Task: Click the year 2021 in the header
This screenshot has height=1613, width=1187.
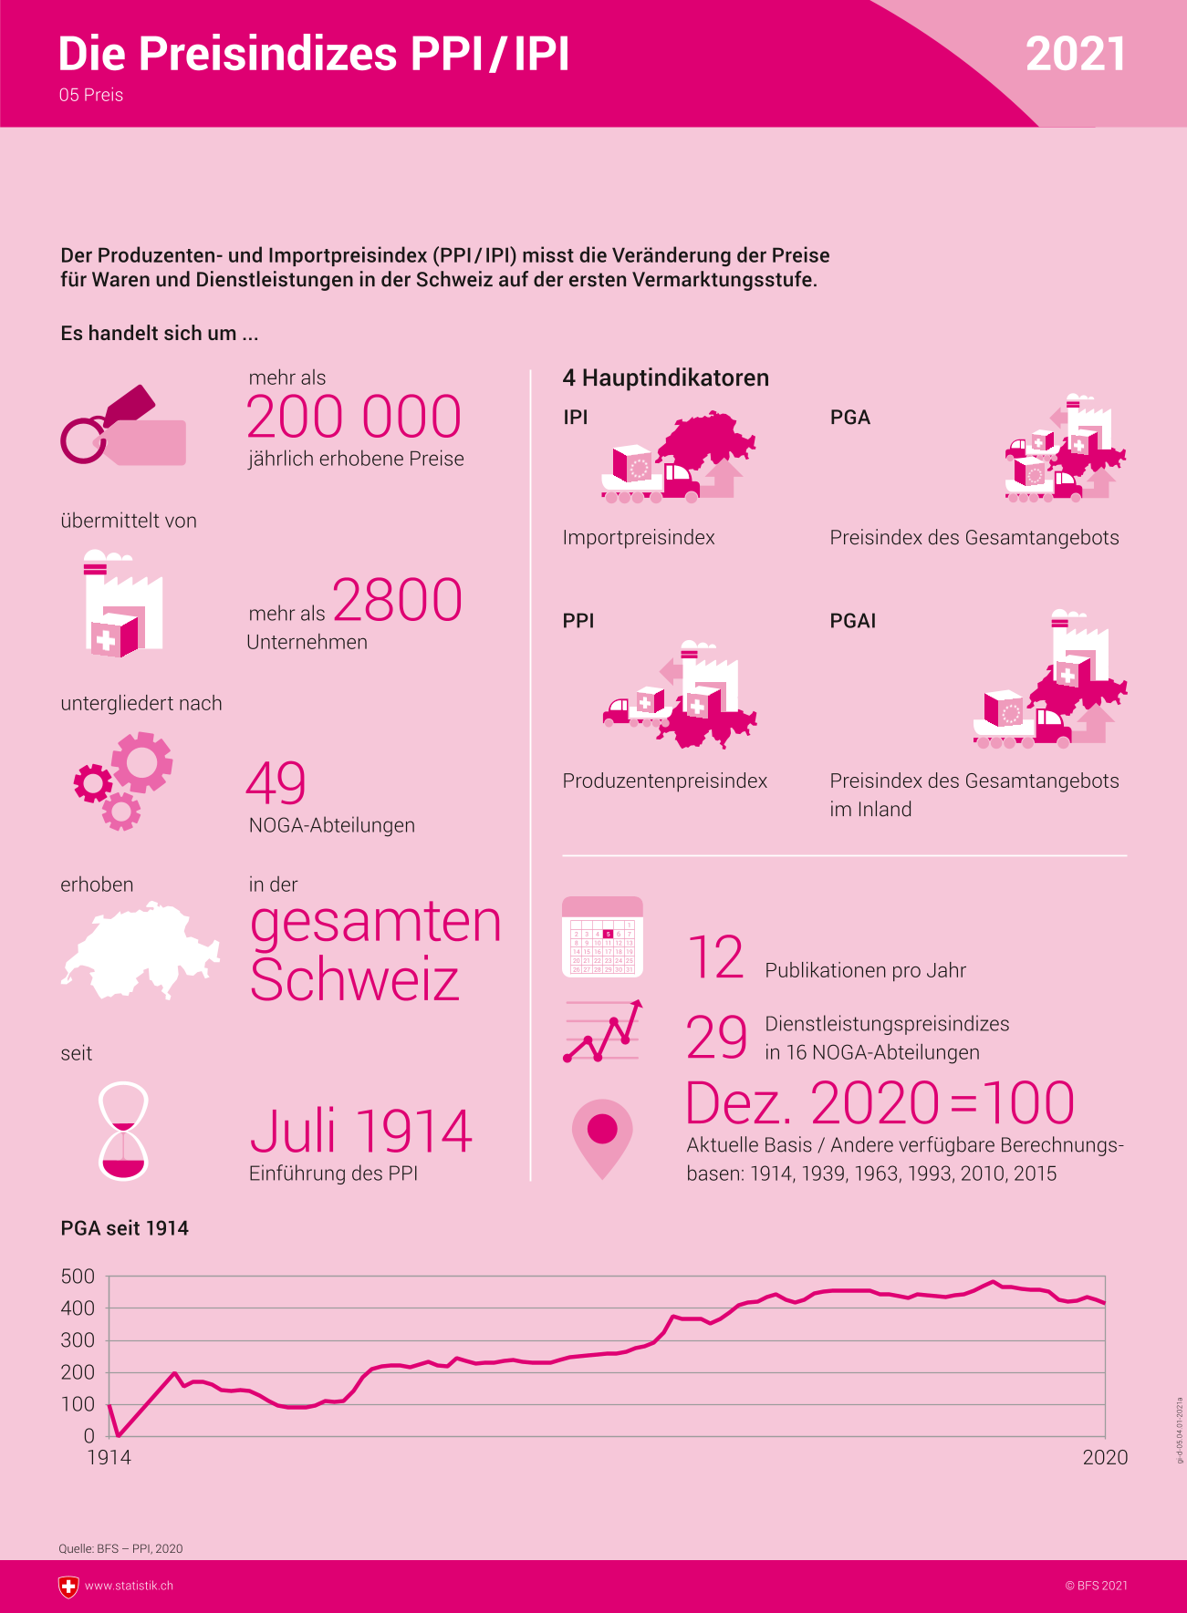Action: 1075,55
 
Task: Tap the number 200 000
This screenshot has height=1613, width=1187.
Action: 354,418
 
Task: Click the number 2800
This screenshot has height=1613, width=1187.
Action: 397,600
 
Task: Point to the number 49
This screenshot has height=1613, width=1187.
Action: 276,784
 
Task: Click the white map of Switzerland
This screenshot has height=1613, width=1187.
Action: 140,952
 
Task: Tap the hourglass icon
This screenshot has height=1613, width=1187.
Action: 123,1132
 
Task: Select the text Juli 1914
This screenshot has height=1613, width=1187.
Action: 361,1132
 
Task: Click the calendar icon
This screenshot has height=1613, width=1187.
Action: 602,937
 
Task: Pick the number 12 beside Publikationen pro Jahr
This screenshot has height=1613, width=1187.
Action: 716,958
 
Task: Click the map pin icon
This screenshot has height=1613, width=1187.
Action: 602,1136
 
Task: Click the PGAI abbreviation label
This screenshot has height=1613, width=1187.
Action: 852,621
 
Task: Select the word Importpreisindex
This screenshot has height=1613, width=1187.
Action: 639,538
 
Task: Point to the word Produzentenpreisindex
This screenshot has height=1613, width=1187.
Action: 664,781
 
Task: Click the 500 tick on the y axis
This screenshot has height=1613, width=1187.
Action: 78,1277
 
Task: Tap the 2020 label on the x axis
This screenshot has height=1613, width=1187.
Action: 1105,1458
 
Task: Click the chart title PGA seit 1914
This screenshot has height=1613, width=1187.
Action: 125,1228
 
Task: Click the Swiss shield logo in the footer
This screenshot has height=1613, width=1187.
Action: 68,1587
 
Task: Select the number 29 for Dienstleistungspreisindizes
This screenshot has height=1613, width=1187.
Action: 717,1038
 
